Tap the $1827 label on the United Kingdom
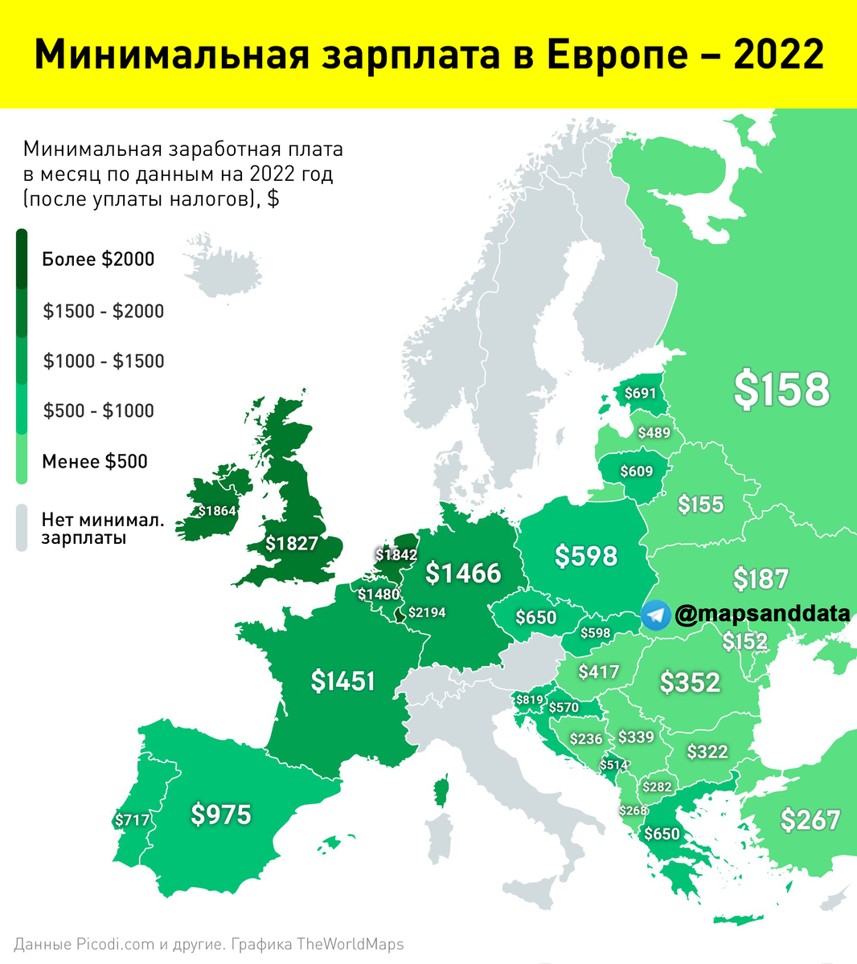(x=292, y=544)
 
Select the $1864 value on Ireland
(x=216, y=511)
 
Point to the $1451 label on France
(x=343, y=681)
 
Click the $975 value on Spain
(x=220, y=815)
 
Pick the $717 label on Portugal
(x=132, y=820)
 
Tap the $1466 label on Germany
(x=462, y=573)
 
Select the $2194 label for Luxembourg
(x=426, y=612)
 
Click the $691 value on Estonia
(x=640, y=394)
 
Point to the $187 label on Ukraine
(x=761, y=578)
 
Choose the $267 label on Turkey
(x=810, y=820)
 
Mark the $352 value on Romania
(x=690, y=682)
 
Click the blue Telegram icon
(x=656, y=615)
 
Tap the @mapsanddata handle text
(x=762, y=615)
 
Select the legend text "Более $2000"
(x=98, y=259)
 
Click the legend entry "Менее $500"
(x=95, y=462)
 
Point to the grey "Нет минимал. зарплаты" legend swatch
(x=22, y=528)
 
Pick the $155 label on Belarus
(x=700, y=504)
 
